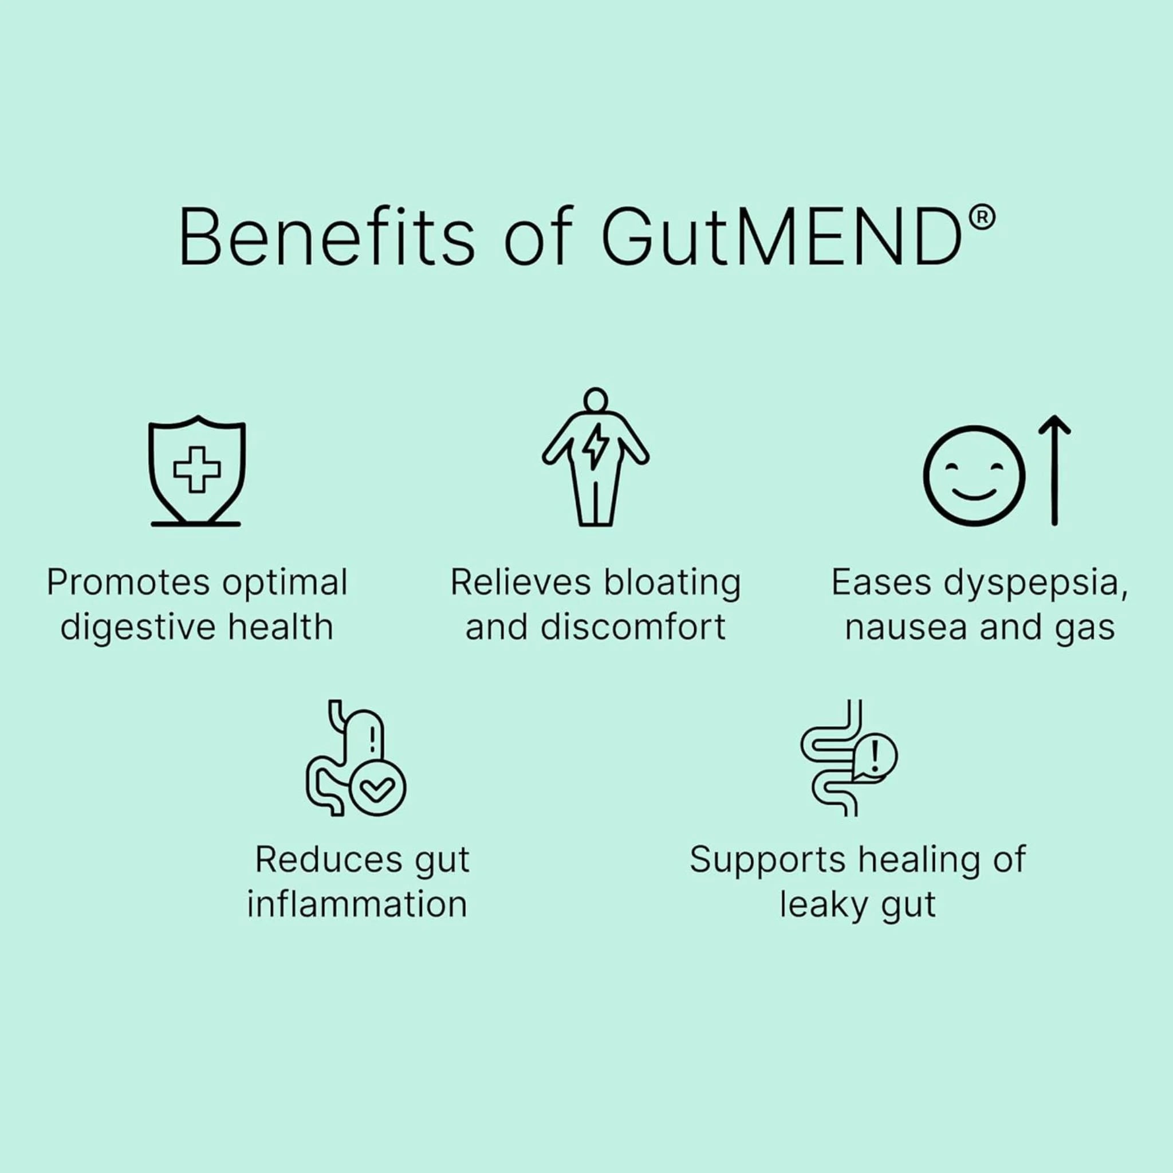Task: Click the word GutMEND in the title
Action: point(782,237)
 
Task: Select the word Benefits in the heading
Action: point(326,236)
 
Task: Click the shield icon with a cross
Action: point(196,471)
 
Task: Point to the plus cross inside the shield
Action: point(196,469)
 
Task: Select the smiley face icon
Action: point(974,475)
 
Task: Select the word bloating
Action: point(672,584)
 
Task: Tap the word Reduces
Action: point(328,860)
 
